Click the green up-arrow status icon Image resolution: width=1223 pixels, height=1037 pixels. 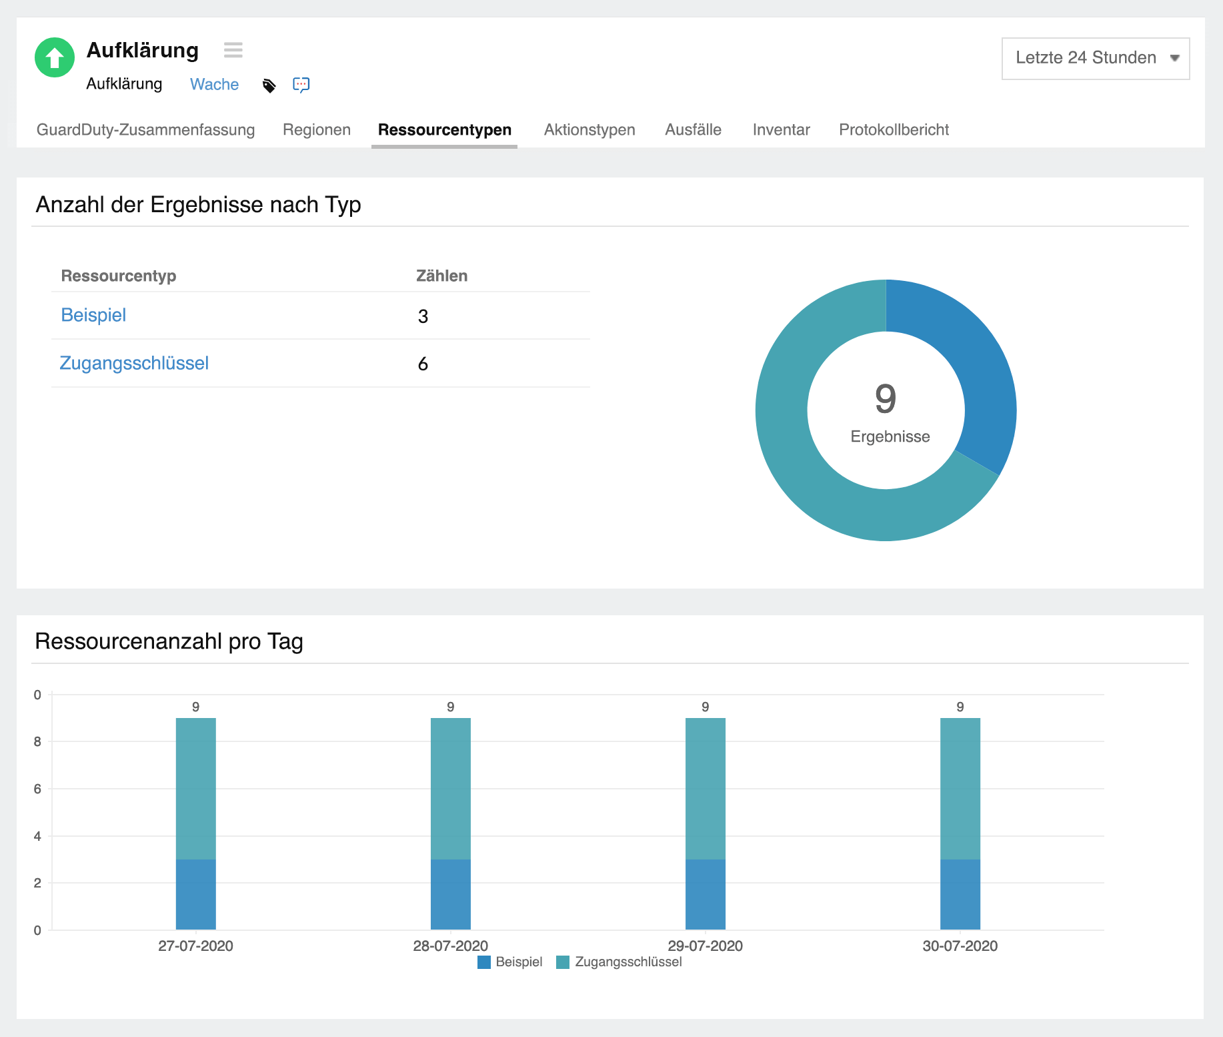(x=55, y=57)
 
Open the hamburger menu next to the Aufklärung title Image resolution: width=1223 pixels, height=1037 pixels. (x=233, y=50)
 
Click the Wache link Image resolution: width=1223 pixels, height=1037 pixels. (x=214, y=85)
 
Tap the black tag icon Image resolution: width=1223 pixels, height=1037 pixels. (x=269, y=85)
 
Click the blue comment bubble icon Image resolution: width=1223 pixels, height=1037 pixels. (x=301, y=85)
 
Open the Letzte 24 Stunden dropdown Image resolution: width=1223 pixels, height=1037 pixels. (x=1095, y=58)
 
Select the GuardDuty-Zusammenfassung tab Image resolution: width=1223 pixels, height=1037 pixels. (x=145, y=129)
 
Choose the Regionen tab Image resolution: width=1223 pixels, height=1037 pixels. (x=317, y=129)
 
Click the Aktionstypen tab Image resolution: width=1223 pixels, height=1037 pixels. (x=589, y=129)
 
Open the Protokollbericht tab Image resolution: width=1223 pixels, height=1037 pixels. (x=894, y=129)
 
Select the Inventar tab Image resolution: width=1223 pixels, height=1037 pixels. (x=781, y=129)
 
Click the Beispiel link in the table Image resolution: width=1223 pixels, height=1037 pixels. (x=93, y=316)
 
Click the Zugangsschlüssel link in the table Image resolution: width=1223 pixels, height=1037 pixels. (x=134, y=364)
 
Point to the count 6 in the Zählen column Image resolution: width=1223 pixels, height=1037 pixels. (x=423, y=364)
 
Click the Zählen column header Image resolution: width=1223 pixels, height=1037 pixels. (x=441, y=276)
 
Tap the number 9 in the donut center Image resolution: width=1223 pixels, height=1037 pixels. (x=886, y=399)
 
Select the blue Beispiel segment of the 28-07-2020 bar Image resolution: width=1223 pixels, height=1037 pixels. (x=451, y=894)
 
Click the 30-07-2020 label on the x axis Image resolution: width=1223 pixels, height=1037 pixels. (x=960, y=946)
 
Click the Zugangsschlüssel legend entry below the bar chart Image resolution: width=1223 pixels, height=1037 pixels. (x=620, y=962)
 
